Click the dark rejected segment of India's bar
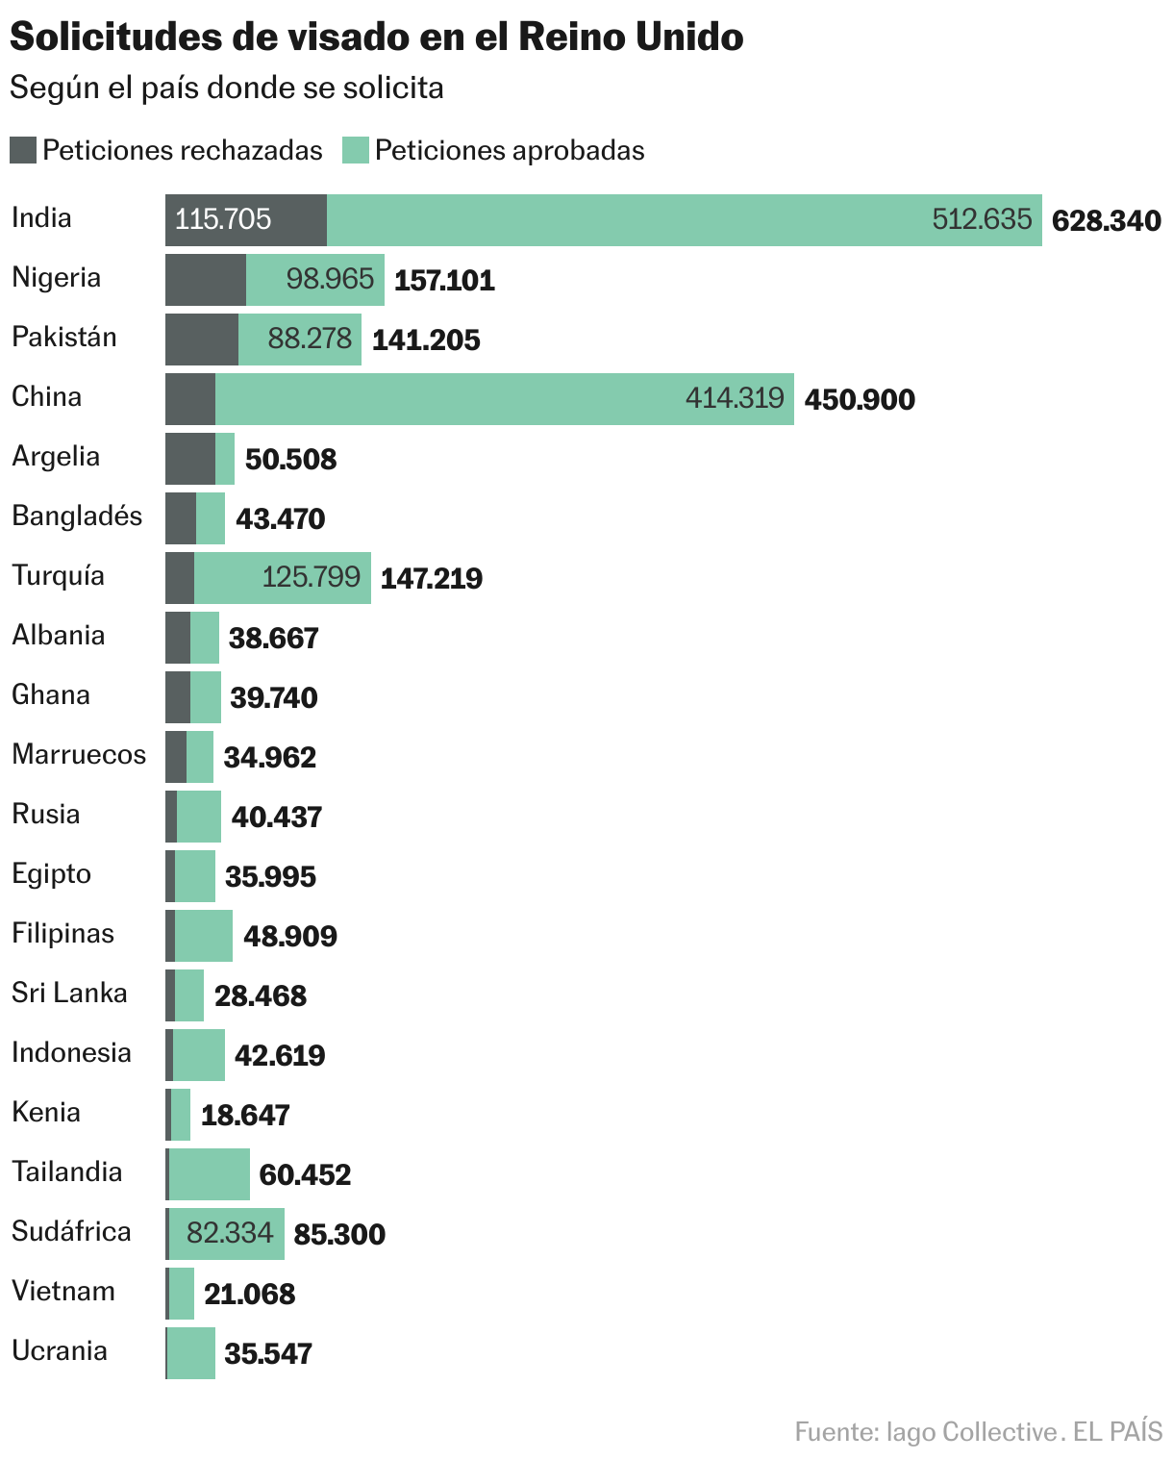pos(246,220)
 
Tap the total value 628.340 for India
pos(1106,221)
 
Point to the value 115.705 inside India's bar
pos(223,220)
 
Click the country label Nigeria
pos(56,278)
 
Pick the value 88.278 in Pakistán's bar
pos(310,340)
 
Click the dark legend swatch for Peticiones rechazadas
pos(23,151)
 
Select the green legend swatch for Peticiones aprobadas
pos(356,151)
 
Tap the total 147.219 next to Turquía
pos(432,578)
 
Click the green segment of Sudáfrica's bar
pos(227,1234)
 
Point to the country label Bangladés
pos(77,516)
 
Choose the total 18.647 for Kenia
pos(245,1115)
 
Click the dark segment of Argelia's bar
pos(190,459)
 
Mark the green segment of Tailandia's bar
pos(209,1174)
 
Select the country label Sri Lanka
pos(69,994)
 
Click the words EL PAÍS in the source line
pos(1117,1431)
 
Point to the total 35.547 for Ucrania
pos(268,1353)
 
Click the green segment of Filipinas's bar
pos(204,936)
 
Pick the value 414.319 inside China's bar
pos(735,398)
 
